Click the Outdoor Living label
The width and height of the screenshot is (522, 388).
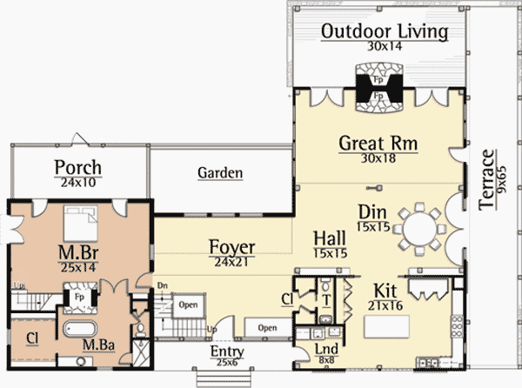click(x=385, y=31)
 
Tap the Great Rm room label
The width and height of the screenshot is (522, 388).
click(x=378, y=143)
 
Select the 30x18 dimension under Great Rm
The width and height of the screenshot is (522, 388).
click(x=378, y=158)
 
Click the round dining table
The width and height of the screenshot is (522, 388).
click(x=419, y=229)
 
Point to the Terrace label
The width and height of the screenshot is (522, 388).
click(x=486, y=180)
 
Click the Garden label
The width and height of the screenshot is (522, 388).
click(x=220, y=173)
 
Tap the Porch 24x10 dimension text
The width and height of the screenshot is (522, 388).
click(x=78, y=183)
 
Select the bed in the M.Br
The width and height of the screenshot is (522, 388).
click(x=81, y=224)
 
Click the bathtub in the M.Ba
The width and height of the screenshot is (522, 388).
click(x=80, y=329)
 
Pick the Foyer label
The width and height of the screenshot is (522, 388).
click(x=232, y=247)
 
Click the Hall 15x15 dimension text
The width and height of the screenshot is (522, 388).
click(x=331, y=253)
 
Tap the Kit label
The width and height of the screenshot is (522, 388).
click(x=385, y=291)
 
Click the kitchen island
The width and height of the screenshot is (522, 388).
click(x=386, y=327)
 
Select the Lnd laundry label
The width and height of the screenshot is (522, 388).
click(x=326, y=349)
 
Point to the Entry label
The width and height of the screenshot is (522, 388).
click(x=227, y=351)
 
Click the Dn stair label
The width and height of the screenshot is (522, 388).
click(x=163, y=285)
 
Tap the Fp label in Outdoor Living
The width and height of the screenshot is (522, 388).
click(x=378, y=80)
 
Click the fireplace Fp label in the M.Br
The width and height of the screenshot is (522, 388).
click(x=79, y=297)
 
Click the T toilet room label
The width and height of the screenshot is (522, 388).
click(x=326, y=300)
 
